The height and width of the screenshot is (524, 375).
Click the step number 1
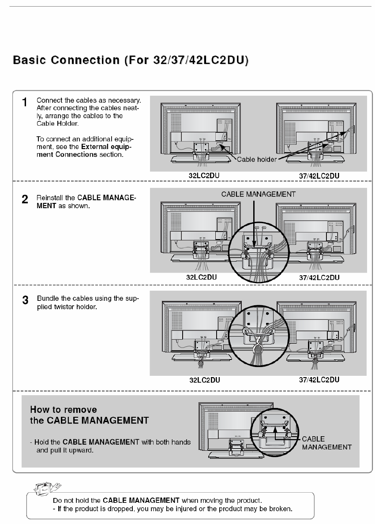(x=26, y=102)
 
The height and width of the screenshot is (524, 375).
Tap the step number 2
(x=26, y=199)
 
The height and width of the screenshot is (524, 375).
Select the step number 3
(x=26, y=300)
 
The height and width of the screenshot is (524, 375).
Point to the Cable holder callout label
(x=257, y=159)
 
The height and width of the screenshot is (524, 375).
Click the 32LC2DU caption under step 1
(x=204, y=175)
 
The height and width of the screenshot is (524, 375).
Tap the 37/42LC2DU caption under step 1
(x=319, y=176)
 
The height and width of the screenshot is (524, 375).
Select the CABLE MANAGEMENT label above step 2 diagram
(x=259, y=194)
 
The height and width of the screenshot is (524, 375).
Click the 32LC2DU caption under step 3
(x=204, y=380)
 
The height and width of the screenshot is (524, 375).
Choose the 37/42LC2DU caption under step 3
(x=319, y=379)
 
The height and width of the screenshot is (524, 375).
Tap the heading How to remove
(x=64, y=410)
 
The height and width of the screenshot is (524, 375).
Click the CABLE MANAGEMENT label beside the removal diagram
(x=326, y=443)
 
